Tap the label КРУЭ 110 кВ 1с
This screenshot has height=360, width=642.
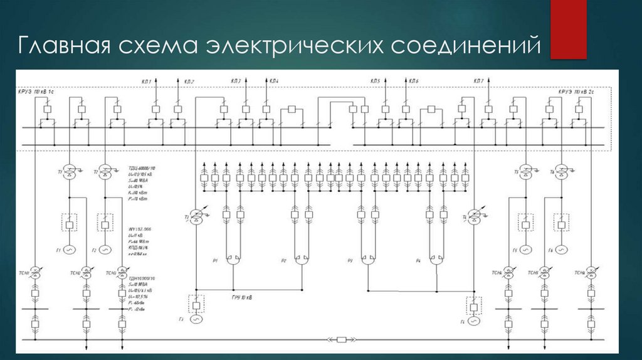(x=38, y=92)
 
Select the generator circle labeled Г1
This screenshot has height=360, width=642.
(x=70, y=249)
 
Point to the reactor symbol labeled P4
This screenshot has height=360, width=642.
(x=436, y=258)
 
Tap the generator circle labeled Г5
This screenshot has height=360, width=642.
(x=525, y=249)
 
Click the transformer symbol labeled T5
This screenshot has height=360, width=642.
(x=526, y=171)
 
